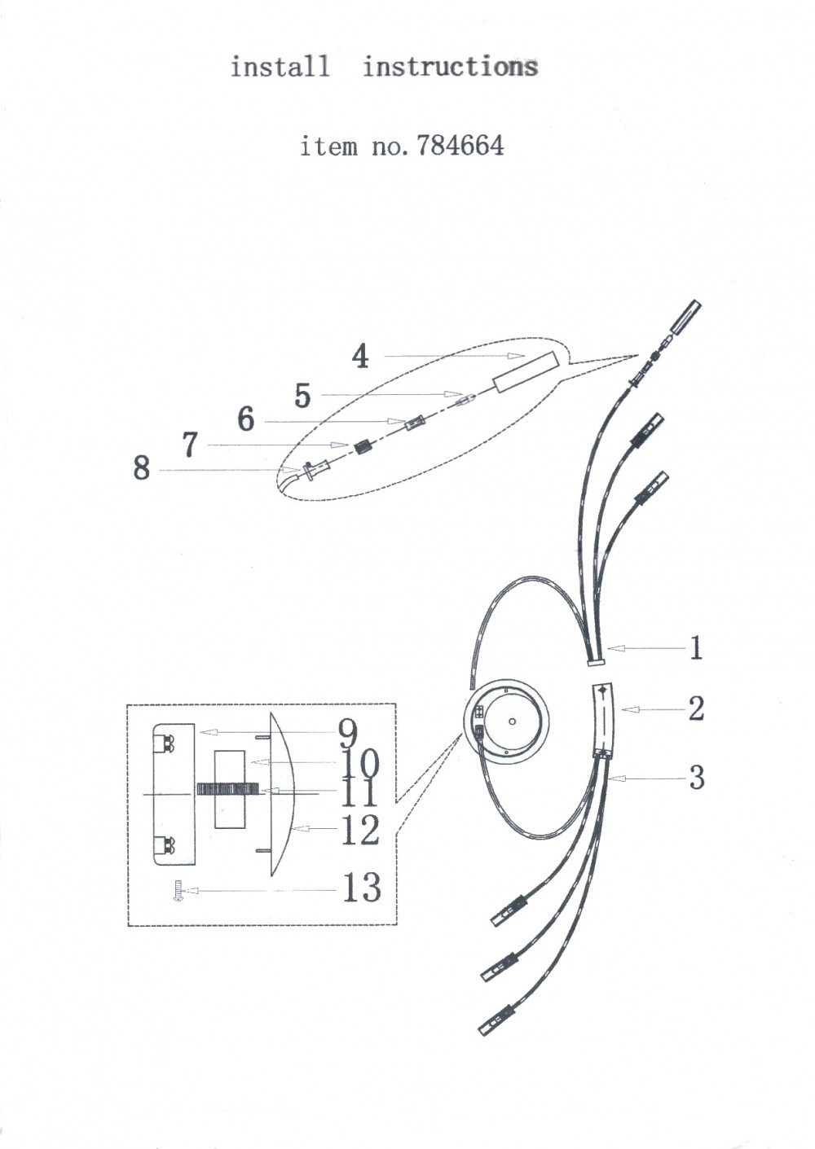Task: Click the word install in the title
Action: [280, 66]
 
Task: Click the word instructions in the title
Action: [450, 66]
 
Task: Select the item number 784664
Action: [460, 146]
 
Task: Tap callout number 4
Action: [360, 356]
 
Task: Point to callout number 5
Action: [302, 396]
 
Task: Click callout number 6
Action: [245, 419]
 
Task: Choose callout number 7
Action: [190, 445]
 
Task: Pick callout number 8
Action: [142, 468]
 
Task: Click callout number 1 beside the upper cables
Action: [695, 648]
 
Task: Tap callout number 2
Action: [695, 708]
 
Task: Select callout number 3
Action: [695, 778]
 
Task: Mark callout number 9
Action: [348, 734]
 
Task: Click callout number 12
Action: [360, 831]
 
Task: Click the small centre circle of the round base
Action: [512, 721]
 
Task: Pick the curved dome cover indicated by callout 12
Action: [280, 794]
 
